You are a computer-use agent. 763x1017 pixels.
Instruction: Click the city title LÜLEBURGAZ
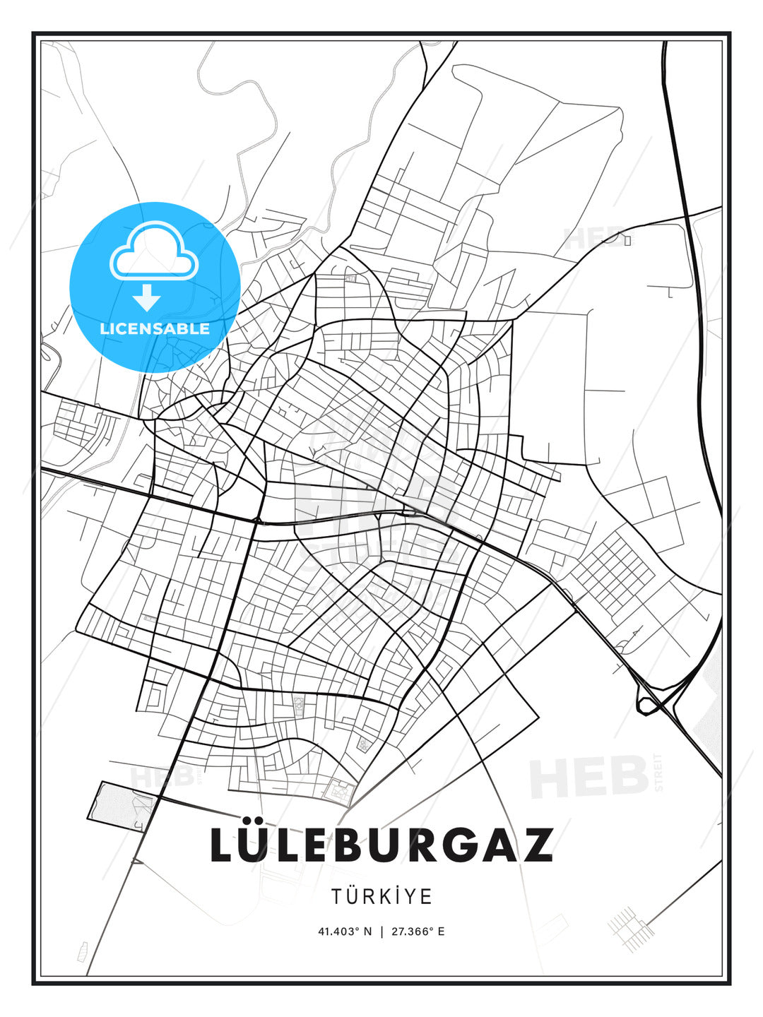pos(381,845)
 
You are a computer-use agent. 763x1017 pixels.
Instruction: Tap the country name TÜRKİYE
pos(381,896)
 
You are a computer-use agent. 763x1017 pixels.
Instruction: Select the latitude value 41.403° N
pos(345,931)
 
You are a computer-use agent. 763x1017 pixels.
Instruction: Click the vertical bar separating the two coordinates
pos(381,931)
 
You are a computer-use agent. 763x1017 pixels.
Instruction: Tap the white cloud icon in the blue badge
pos(154,250)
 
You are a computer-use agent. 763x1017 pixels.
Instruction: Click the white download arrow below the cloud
pos(147,297)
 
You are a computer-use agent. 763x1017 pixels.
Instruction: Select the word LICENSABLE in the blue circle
pos(155,328)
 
